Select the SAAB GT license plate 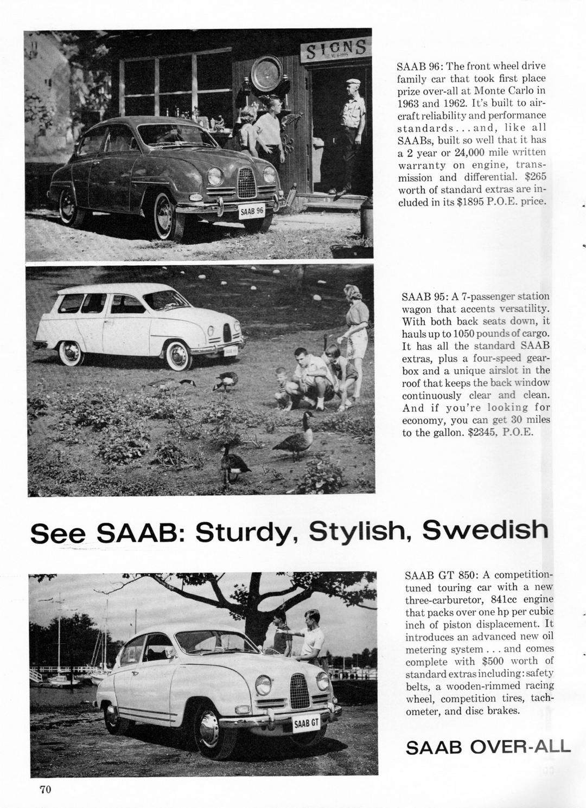click(307, 723)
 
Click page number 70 click(45, 789)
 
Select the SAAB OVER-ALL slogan click(488, 747)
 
